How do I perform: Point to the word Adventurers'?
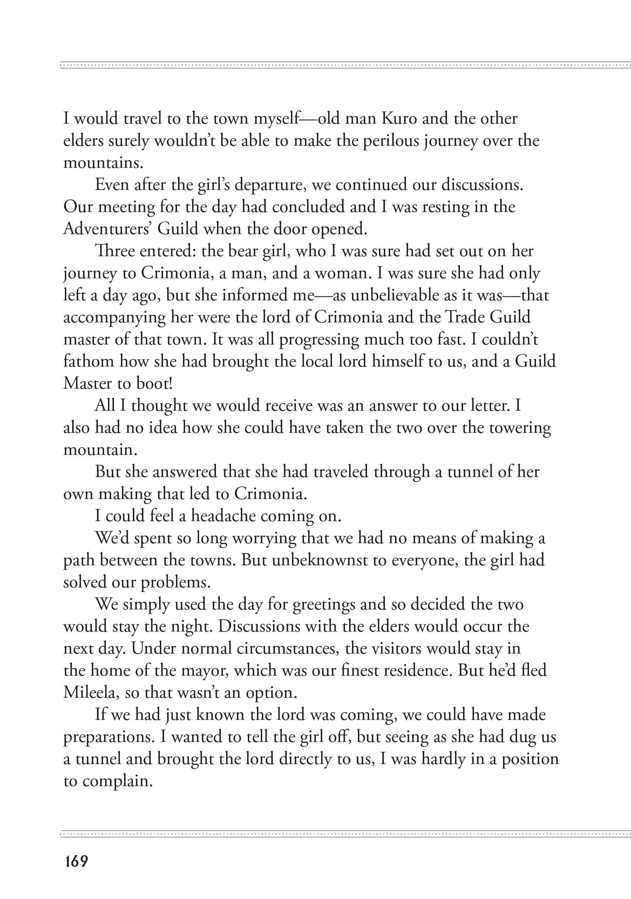coord(107,229)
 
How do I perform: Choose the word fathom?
coord(89,361)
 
